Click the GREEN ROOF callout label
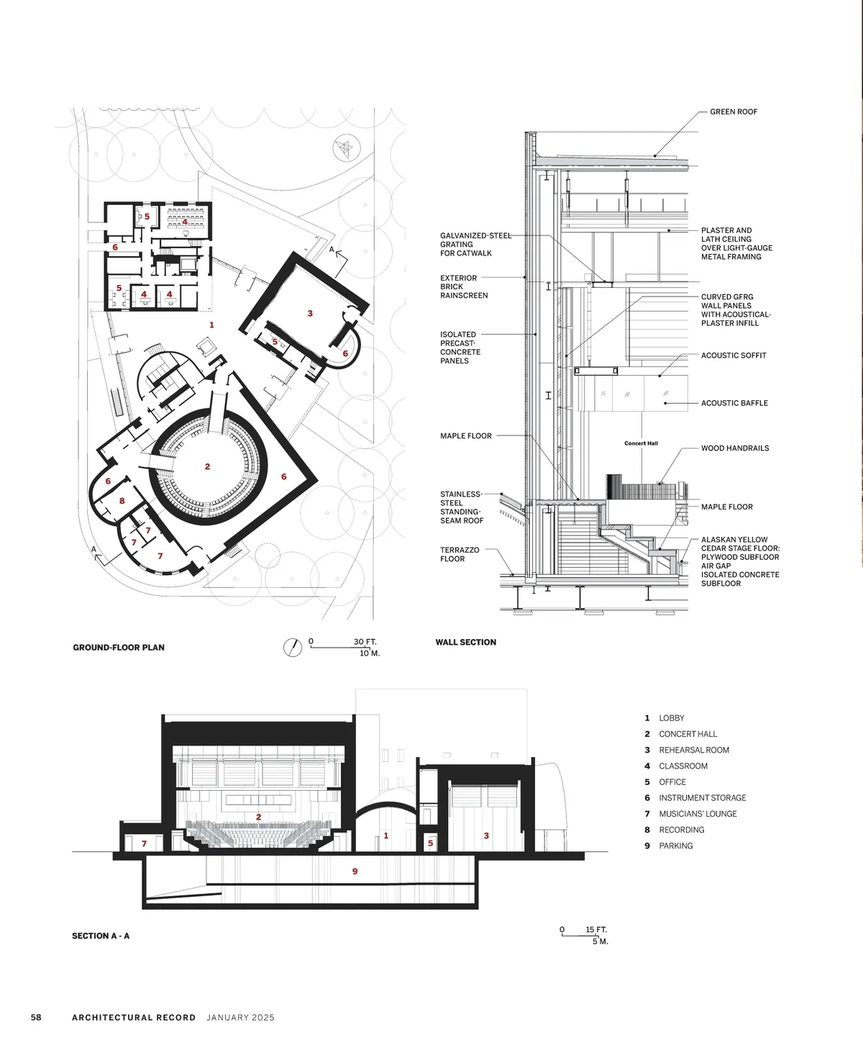coord(734,112)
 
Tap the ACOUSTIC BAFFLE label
coord(734,403)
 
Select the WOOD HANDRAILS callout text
coord(735,448)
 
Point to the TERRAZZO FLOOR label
coord(460,554)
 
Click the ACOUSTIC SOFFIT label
coord(734,355)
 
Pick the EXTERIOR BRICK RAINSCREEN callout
coord(464,286)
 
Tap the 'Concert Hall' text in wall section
coord(641,443)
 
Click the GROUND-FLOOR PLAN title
coord(119,647)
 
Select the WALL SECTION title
coord(466,643)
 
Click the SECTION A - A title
coord(101,935)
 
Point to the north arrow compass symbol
coord(293,648)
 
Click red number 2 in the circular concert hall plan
coord(208,466)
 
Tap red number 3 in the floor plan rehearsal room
coord(310,314)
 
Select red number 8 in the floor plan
coord(122,501)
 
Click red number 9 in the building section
coord(355,871)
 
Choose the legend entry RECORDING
coord(682,830)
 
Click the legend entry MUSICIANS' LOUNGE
coord(698,814)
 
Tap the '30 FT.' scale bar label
coord(365,642)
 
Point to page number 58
coord(36,1018)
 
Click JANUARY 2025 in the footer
coord(240,1018)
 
